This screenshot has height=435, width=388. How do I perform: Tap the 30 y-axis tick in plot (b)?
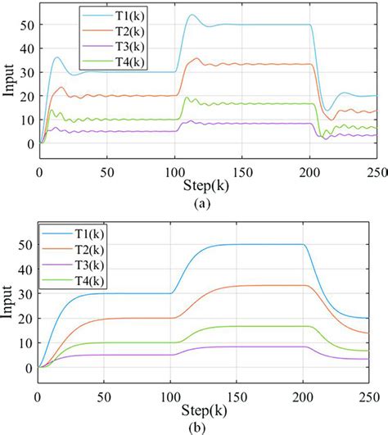[25, 293]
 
